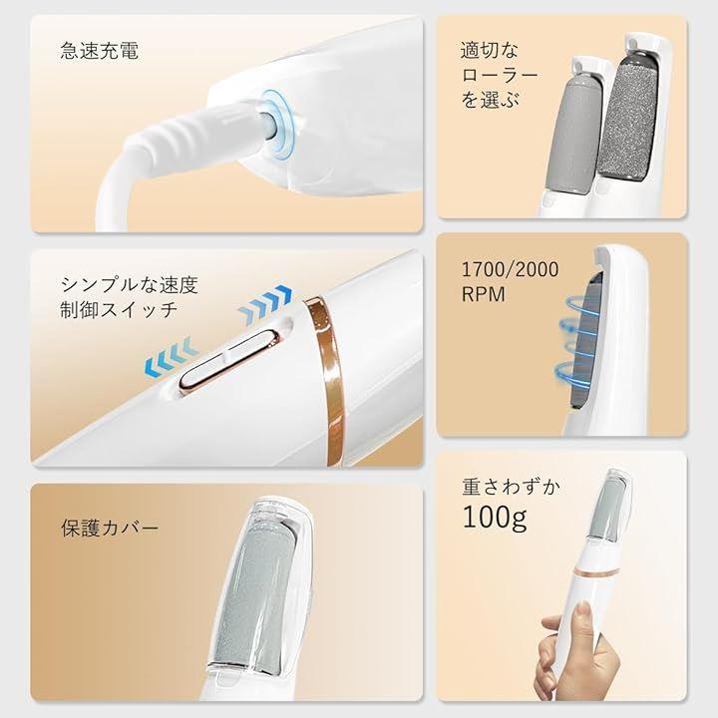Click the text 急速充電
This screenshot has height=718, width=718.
click(99, 51)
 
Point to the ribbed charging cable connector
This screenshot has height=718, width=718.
click(192, 133)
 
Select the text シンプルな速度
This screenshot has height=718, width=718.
click(129, 285)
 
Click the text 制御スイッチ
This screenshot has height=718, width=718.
click(119, 309)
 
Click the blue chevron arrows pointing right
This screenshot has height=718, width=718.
click(265, 303)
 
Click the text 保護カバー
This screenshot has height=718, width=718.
click(110, 528)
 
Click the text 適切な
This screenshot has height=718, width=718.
click(489, 51)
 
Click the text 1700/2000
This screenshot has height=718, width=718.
click(511, 269)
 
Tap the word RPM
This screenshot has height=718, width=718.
click(483, 294)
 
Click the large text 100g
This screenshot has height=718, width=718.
click(495, 517)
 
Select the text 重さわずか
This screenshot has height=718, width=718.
click(511, 487)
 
